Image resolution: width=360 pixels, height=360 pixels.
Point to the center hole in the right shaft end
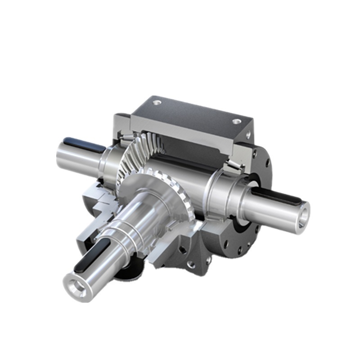point(304,211)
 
